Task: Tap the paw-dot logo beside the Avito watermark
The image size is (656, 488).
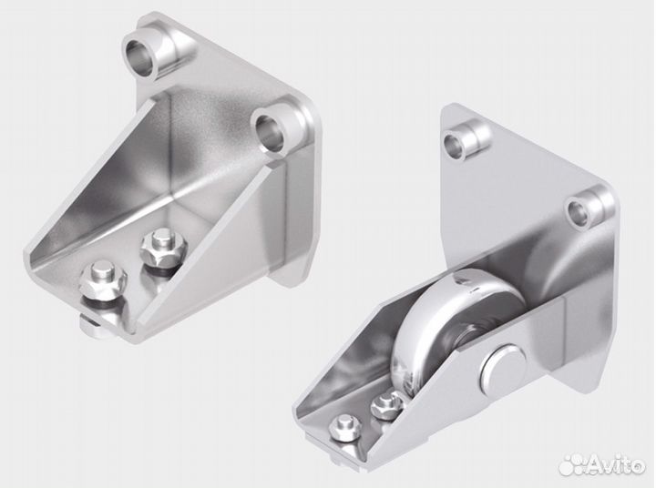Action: (x=571, y=463)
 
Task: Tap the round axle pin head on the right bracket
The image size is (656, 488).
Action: (x=502, y=365)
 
